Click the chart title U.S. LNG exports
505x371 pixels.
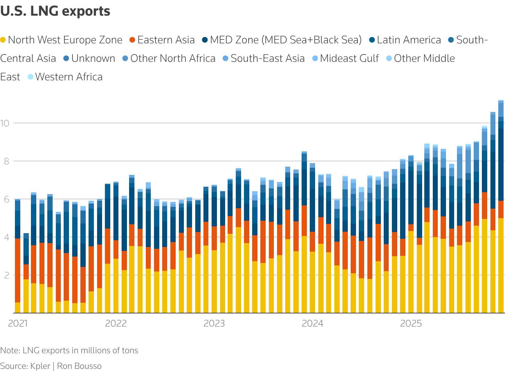pos(55,11)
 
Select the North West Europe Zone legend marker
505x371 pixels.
pos(3,40)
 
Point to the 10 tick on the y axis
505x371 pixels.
pos(5,123)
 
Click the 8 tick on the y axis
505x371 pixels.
pos(5,161)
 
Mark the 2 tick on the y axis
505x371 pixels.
pos(5,275)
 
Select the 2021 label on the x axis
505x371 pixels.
pos(18,323)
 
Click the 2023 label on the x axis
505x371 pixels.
pos(214,323)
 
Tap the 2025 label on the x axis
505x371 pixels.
pos(411,323)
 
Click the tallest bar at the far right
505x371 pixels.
pos(501,213)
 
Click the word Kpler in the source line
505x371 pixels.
pos(40,366)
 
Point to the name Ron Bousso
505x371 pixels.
pos(79,366)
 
